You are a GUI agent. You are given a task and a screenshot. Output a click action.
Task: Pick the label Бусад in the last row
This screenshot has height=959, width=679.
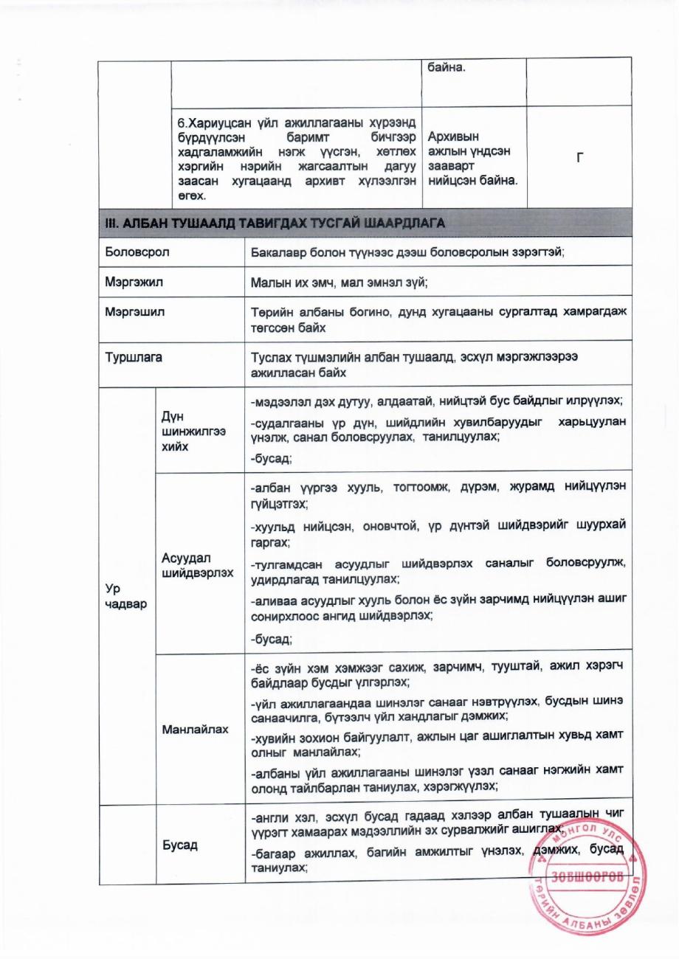[180, 845]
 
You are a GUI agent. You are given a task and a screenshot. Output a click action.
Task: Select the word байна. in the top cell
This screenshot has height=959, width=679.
[447, 69]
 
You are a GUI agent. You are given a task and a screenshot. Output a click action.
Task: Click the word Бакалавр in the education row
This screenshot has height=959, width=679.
[278, 252]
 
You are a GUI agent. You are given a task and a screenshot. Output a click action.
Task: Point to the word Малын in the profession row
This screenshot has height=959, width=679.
[267, 281]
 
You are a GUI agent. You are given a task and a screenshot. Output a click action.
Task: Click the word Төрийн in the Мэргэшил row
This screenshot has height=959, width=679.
[270, 311]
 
